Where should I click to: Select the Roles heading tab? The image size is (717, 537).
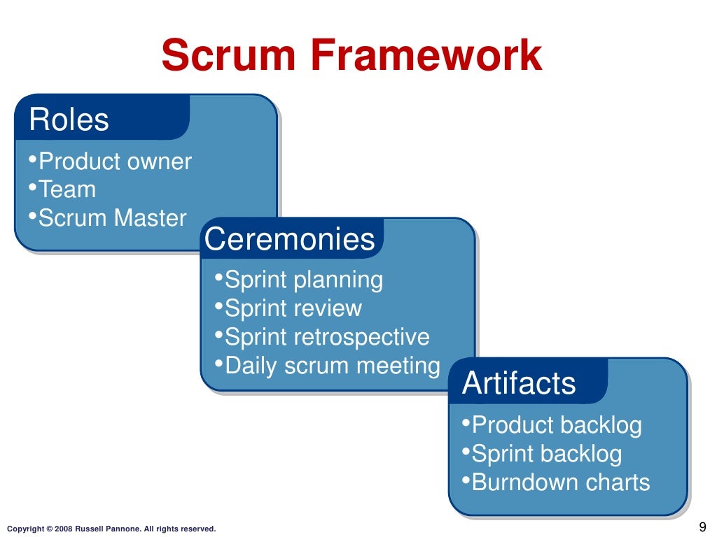(69, 120)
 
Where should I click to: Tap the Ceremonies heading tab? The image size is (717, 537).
(290, 240)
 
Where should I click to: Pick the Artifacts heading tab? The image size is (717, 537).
(519, 384)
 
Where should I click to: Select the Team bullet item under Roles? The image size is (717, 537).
(67, 189)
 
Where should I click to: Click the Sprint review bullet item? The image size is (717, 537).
(293, 308)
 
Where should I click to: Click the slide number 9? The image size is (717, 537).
(702, 527)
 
